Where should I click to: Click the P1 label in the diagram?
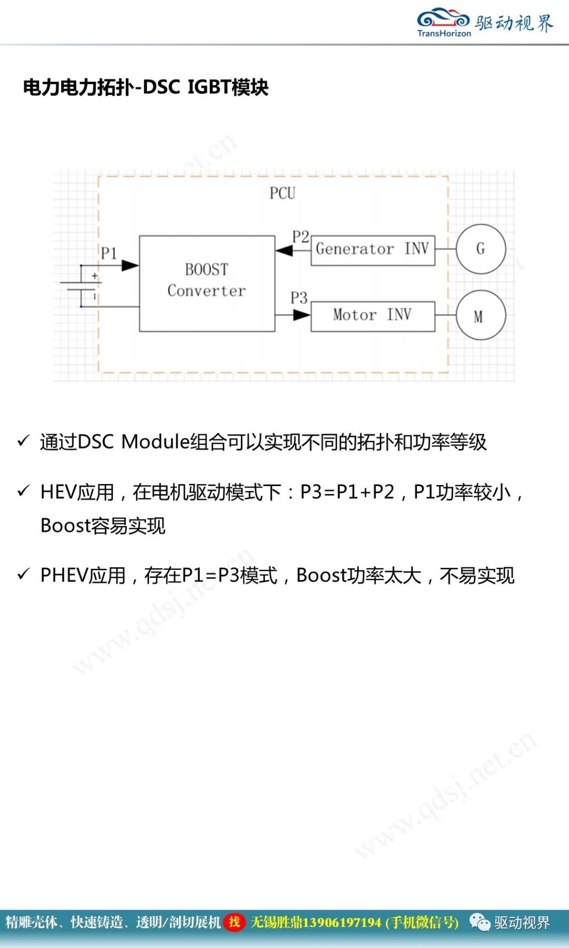(x=109, y=253)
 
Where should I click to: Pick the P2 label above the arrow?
(x=300, y=236)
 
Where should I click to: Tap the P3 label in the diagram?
(x=299, y=298)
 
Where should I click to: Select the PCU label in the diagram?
(x=282, y=193)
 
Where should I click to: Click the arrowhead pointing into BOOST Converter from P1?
(x=130, y=266)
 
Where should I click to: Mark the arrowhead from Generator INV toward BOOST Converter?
(x=284, y=251)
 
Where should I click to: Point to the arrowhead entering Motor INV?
(x=302, y=315)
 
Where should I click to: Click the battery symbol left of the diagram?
(x=81, y=286)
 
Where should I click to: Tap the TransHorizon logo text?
(x=444, y=33)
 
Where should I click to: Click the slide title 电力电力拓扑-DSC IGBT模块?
(x=146, y=87)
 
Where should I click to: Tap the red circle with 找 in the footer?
(x=234, y=922)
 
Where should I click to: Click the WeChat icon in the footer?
(x=479, y=922)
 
